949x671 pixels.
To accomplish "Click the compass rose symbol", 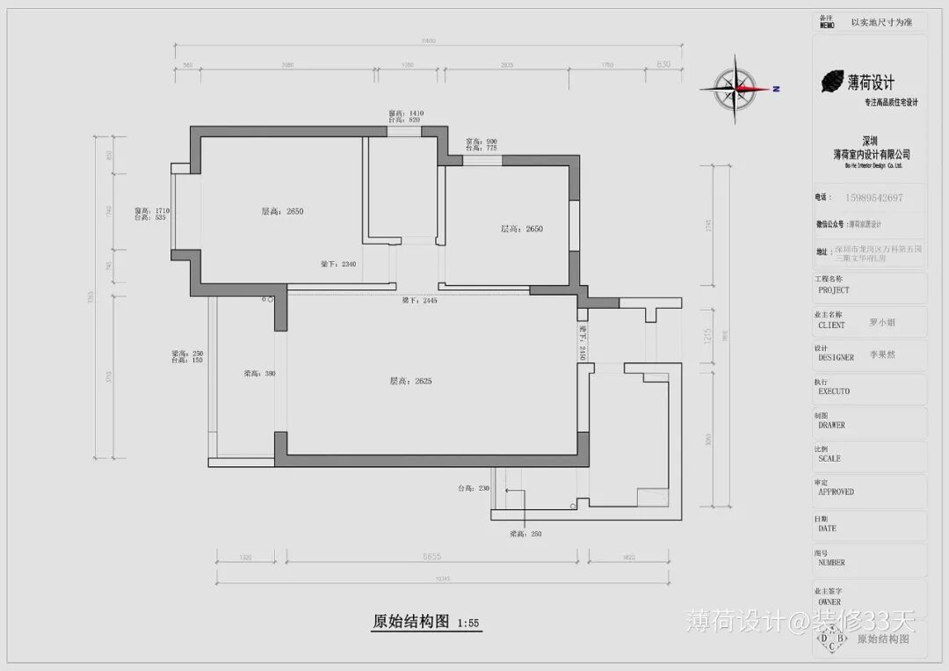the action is pyautogui.click(x=736, y=88).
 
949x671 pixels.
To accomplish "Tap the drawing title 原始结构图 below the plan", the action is pyautogui.click(x=410, y=622).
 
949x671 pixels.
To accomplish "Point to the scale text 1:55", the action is pyautogui.click(x=467, y=624).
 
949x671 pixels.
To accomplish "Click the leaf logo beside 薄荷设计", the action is pyautogui.click(x=831, y=82).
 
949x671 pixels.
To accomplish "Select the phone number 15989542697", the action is pyautogui.click(x=873, y=198).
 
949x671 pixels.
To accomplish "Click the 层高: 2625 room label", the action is pyautogui.click(x=411, y=382).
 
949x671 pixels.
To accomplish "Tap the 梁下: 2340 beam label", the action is pyautogui.click(x=337, y=264).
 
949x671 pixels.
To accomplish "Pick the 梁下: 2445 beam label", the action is pyautogui.click(x=419, y=301).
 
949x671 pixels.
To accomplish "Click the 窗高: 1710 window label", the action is pyautogui.click(x=150, y=211).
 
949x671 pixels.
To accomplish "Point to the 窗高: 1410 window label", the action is pyautogui.click(x=406, y=113).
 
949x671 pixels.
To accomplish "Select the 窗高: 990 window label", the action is pyautogui.click(x=481, y=141).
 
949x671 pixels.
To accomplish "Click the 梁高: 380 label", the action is pyautogui.click(x=260, y=374).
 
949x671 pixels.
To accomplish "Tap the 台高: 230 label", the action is pyautogui.click(x=473, y=488).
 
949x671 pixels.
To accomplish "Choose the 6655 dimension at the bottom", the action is pyautogui.click(x=431, y=557).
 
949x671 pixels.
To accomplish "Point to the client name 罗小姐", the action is pyautogui.click(x=882, y=323).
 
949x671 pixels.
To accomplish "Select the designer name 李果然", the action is pyautogui.click(x=882, y=354).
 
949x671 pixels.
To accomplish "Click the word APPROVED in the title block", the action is pyautogui.click(x=836, y=492).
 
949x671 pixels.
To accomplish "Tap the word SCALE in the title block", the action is pyautogui.click(x=829, y=459).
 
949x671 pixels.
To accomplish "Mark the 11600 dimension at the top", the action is pyautogui.click(x=428, y=40).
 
